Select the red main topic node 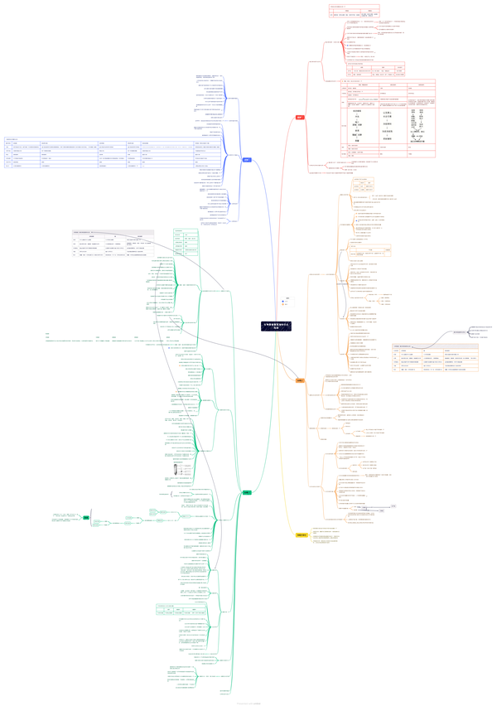[x=300, y=118]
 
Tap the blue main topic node [x=247, y=160]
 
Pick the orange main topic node [x=300, y=380]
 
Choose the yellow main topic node [x=302, y=535]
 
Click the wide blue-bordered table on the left [x=113, y=153]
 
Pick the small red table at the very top [x=355, y=12]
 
